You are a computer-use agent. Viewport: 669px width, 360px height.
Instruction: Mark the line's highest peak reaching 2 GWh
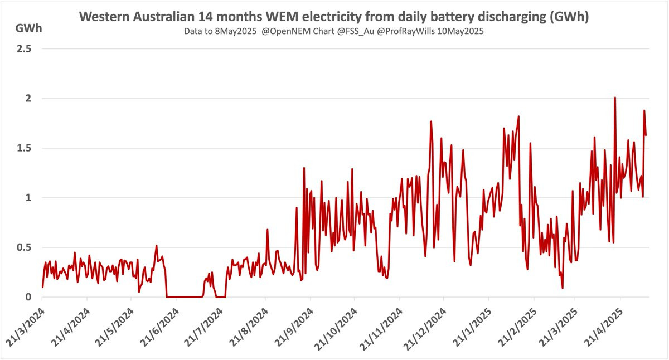click(x=615, y=98)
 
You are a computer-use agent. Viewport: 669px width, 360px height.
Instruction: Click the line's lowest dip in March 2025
click(x=563, y=288)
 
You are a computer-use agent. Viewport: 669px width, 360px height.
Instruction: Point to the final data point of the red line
click(x=646, y=135)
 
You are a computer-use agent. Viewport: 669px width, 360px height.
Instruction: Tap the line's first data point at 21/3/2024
click(x=42, y=286)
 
